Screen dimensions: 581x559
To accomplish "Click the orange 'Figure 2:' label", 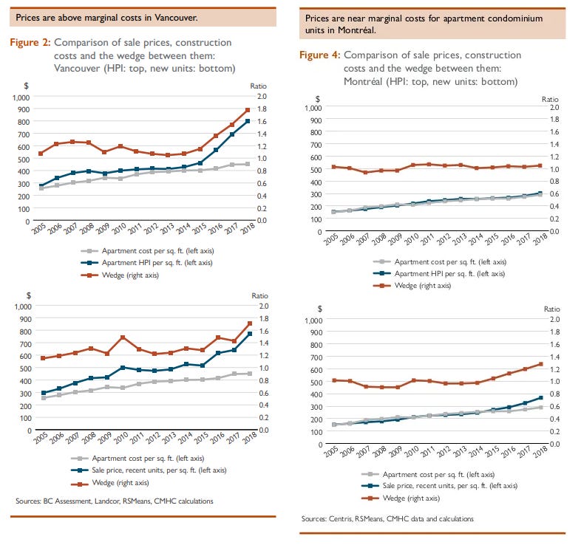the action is click(30, 43).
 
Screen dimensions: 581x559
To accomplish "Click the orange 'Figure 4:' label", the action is click(320, 55).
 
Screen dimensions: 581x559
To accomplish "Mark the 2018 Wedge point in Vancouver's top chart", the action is click(248, 110).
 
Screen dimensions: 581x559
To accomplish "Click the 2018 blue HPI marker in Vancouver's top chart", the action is click(248, 121).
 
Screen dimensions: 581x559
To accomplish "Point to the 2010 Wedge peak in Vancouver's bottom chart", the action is click(123, 337).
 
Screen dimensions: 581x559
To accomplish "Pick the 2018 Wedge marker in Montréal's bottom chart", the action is click(540, 364).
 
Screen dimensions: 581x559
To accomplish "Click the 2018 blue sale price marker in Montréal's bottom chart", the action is click(540, 397).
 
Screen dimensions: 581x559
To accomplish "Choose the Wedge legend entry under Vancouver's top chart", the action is click(120, 275).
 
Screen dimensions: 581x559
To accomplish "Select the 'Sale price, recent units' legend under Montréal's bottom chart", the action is click(440, 486).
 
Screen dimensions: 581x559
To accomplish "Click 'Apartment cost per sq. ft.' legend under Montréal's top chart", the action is click(440, 261).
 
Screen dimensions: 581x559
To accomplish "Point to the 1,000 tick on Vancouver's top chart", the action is click(21, 97).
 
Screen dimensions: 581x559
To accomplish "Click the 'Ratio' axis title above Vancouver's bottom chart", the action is click(259, 295).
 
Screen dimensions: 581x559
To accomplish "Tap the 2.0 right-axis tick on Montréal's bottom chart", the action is click(555, 319).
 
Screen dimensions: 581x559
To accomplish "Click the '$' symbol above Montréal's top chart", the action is click(317, 99).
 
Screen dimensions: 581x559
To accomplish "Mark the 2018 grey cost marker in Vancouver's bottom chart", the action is click(250, 374).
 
